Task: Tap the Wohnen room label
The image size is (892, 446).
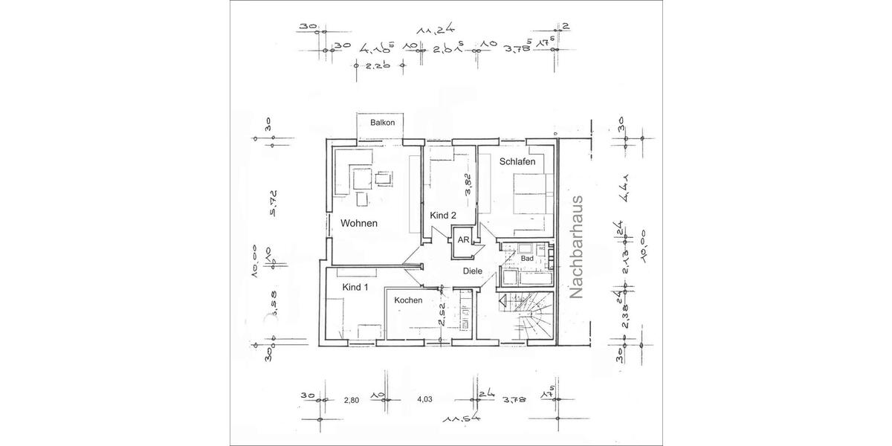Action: click(x=360, y=223)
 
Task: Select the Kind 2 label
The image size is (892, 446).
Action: click(x=443, y=215)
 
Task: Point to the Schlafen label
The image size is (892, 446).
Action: click(x=517, y=161)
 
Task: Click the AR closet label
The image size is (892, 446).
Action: click(x=463, y=240)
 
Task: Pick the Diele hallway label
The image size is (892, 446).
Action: click(x=474, y=271)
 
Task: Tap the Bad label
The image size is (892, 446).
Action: click(x=527, y=258)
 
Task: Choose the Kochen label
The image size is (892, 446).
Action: click(x=408, y=300)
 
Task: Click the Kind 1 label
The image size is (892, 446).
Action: click(x=355, y=287)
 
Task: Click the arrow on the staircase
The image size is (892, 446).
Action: click(x=503, y=301)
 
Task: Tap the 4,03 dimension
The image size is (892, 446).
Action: click(x=425, y=400)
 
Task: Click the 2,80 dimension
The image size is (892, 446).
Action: click(x=351, y=400)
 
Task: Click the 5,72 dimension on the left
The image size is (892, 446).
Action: click(x=273, y=202)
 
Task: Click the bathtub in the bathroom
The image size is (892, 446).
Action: click(x=526, y=278)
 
